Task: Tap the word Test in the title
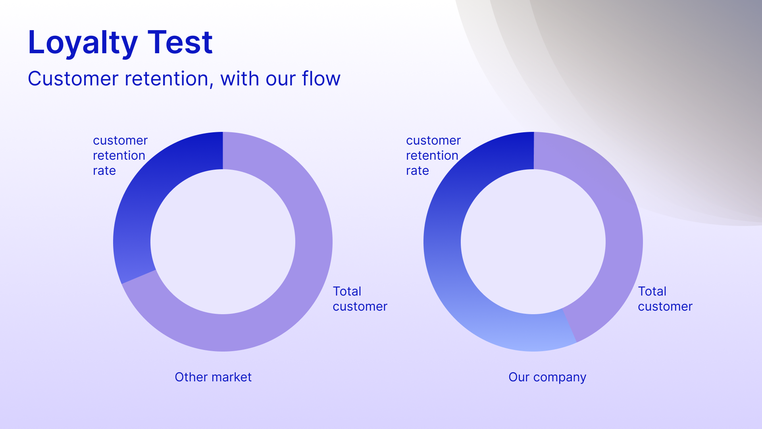(x=180, y=42)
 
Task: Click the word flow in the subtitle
(x=321, y=78)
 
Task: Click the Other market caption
(x=213, y=377)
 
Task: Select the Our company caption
(x=547, y=377)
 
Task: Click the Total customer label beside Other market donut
(x=360, y=299)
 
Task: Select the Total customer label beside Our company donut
(x=665, y=299)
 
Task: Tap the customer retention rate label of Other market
(x=120, y=155)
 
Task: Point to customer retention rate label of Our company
(x=433, y=155)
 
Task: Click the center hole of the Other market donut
(x=223, y=242)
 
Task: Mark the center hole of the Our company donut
(x=533, y=242)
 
